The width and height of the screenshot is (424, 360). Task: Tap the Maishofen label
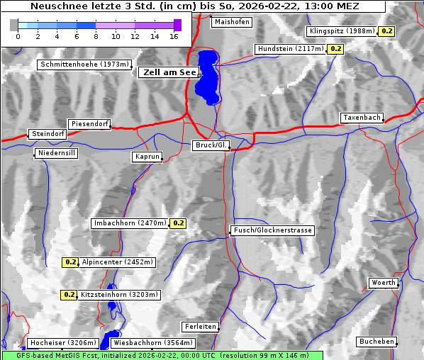[x=231, y=22]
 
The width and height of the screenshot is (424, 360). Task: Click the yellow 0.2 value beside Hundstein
[x=335, y=49]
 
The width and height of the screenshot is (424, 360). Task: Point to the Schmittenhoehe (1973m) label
[x=85, y=64]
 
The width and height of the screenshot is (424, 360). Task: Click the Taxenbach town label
[x=362, y=118]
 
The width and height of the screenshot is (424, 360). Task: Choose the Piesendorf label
[x=89, y=124]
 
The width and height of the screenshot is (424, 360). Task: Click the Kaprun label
[x=147, y=157]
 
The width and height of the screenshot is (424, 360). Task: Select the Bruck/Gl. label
[x=211, y=145]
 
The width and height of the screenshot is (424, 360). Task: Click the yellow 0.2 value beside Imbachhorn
[x=178, y=223]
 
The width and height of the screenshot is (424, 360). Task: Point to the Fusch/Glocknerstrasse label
[x=273, y=230]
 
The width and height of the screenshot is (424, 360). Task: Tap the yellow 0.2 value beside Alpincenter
[x=70, y=262]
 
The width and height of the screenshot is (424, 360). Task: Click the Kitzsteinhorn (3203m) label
[x=120, y=295]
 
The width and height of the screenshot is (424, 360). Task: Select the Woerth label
[x=384, y=283]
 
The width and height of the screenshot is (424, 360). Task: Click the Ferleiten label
[x=199, y=327]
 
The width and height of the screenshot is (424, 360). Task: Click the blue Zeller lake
[x=207, y=74]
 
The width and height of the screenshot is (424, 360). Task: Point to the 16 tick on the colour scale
[x=174, y=36]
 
